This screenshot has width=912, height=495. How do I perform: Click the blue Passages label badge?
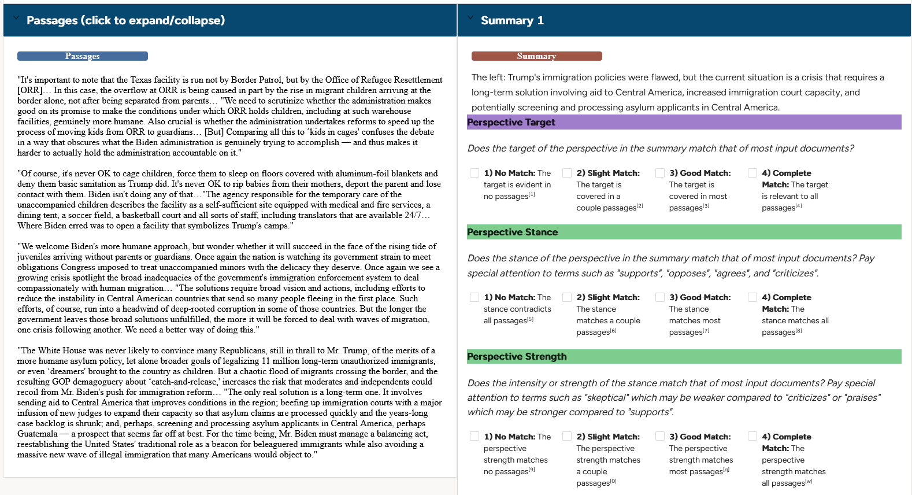click(82, 56)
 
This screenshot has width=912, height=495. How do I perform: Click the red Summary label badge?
click(536, 56)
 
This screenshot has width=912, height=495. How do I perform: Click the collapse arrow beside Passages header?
click(16, 19)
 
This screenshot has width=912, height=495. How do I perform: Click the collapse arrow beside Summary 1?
click(470, 18)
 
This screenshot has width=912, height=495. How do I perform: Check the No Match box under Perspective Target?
click(474, 173)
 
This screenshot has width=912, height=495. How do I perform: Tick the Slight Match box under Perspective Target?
click(567, 173)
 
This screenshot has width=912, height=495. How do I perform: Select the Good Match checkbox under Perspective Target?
click(660, 173)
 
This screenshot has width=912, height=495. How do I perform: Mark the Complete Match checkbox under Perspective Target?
click(752, 173)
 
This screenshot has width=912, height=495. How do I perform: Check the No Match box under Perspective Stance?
click(474, 297)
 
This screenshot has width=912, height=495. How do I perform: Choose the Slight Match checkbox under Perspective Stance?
click(567, 297)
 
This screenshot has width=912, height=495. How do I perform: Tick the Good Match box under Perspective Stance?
click(660, 297)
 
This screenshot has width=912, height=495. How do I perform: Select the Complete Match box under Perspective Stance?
click(752, 297)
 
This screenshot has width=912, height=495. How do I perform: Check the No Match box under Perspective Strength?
click(474, 437)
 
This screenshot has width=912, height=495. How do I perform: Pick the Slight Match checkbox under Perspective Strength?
click(567, 437)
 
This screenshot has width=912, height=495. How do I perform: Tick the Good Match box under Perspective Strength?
click(660, 437)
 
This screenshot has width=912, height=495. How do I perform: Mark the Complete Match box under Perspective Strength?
click(752, 437)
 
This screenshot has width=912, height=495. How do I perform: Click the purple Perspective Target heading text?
click(511, 122)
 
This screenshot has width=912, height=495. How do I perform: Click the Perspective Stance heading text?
click(512, 232)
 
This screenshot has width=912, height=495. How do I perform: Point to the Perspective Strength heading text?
click(517, 356)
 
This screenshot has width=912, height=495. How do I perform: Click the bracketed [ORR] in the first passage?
click(30, 90)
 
